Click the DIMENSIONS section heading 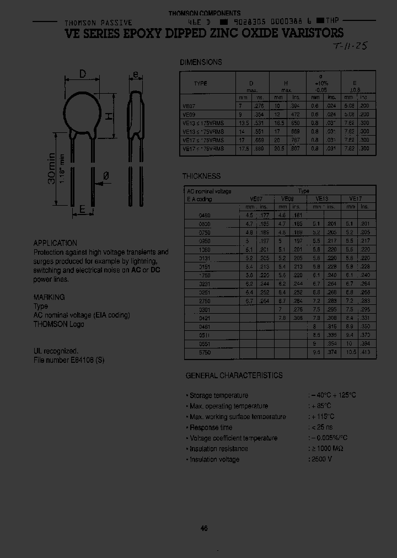pyautogui.click(x=201, y=62)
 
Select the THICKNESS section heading pyautogui.click(x=201, y=176)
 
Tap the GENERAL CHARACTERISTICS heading pyautogui.click(x=234, y=375)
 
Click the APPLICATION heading pyautogui.click(x=55, y=243)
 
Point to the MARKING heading pyautogui.click(x=49, y=297)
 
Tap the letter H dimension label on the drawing pyautogui.click(x=109, y=116)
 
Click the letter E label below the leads pyautogui.click(x=82, y=209)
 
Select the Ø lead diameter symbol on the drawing pyautogui.click(x=106, y=176)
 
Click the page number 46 pyautogui.click(x=204, y=528)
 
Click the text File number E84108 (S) pyautogui.click(x=68, y=360)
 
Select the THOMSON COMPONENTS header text pyautogui.click(x=204, y=13)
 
